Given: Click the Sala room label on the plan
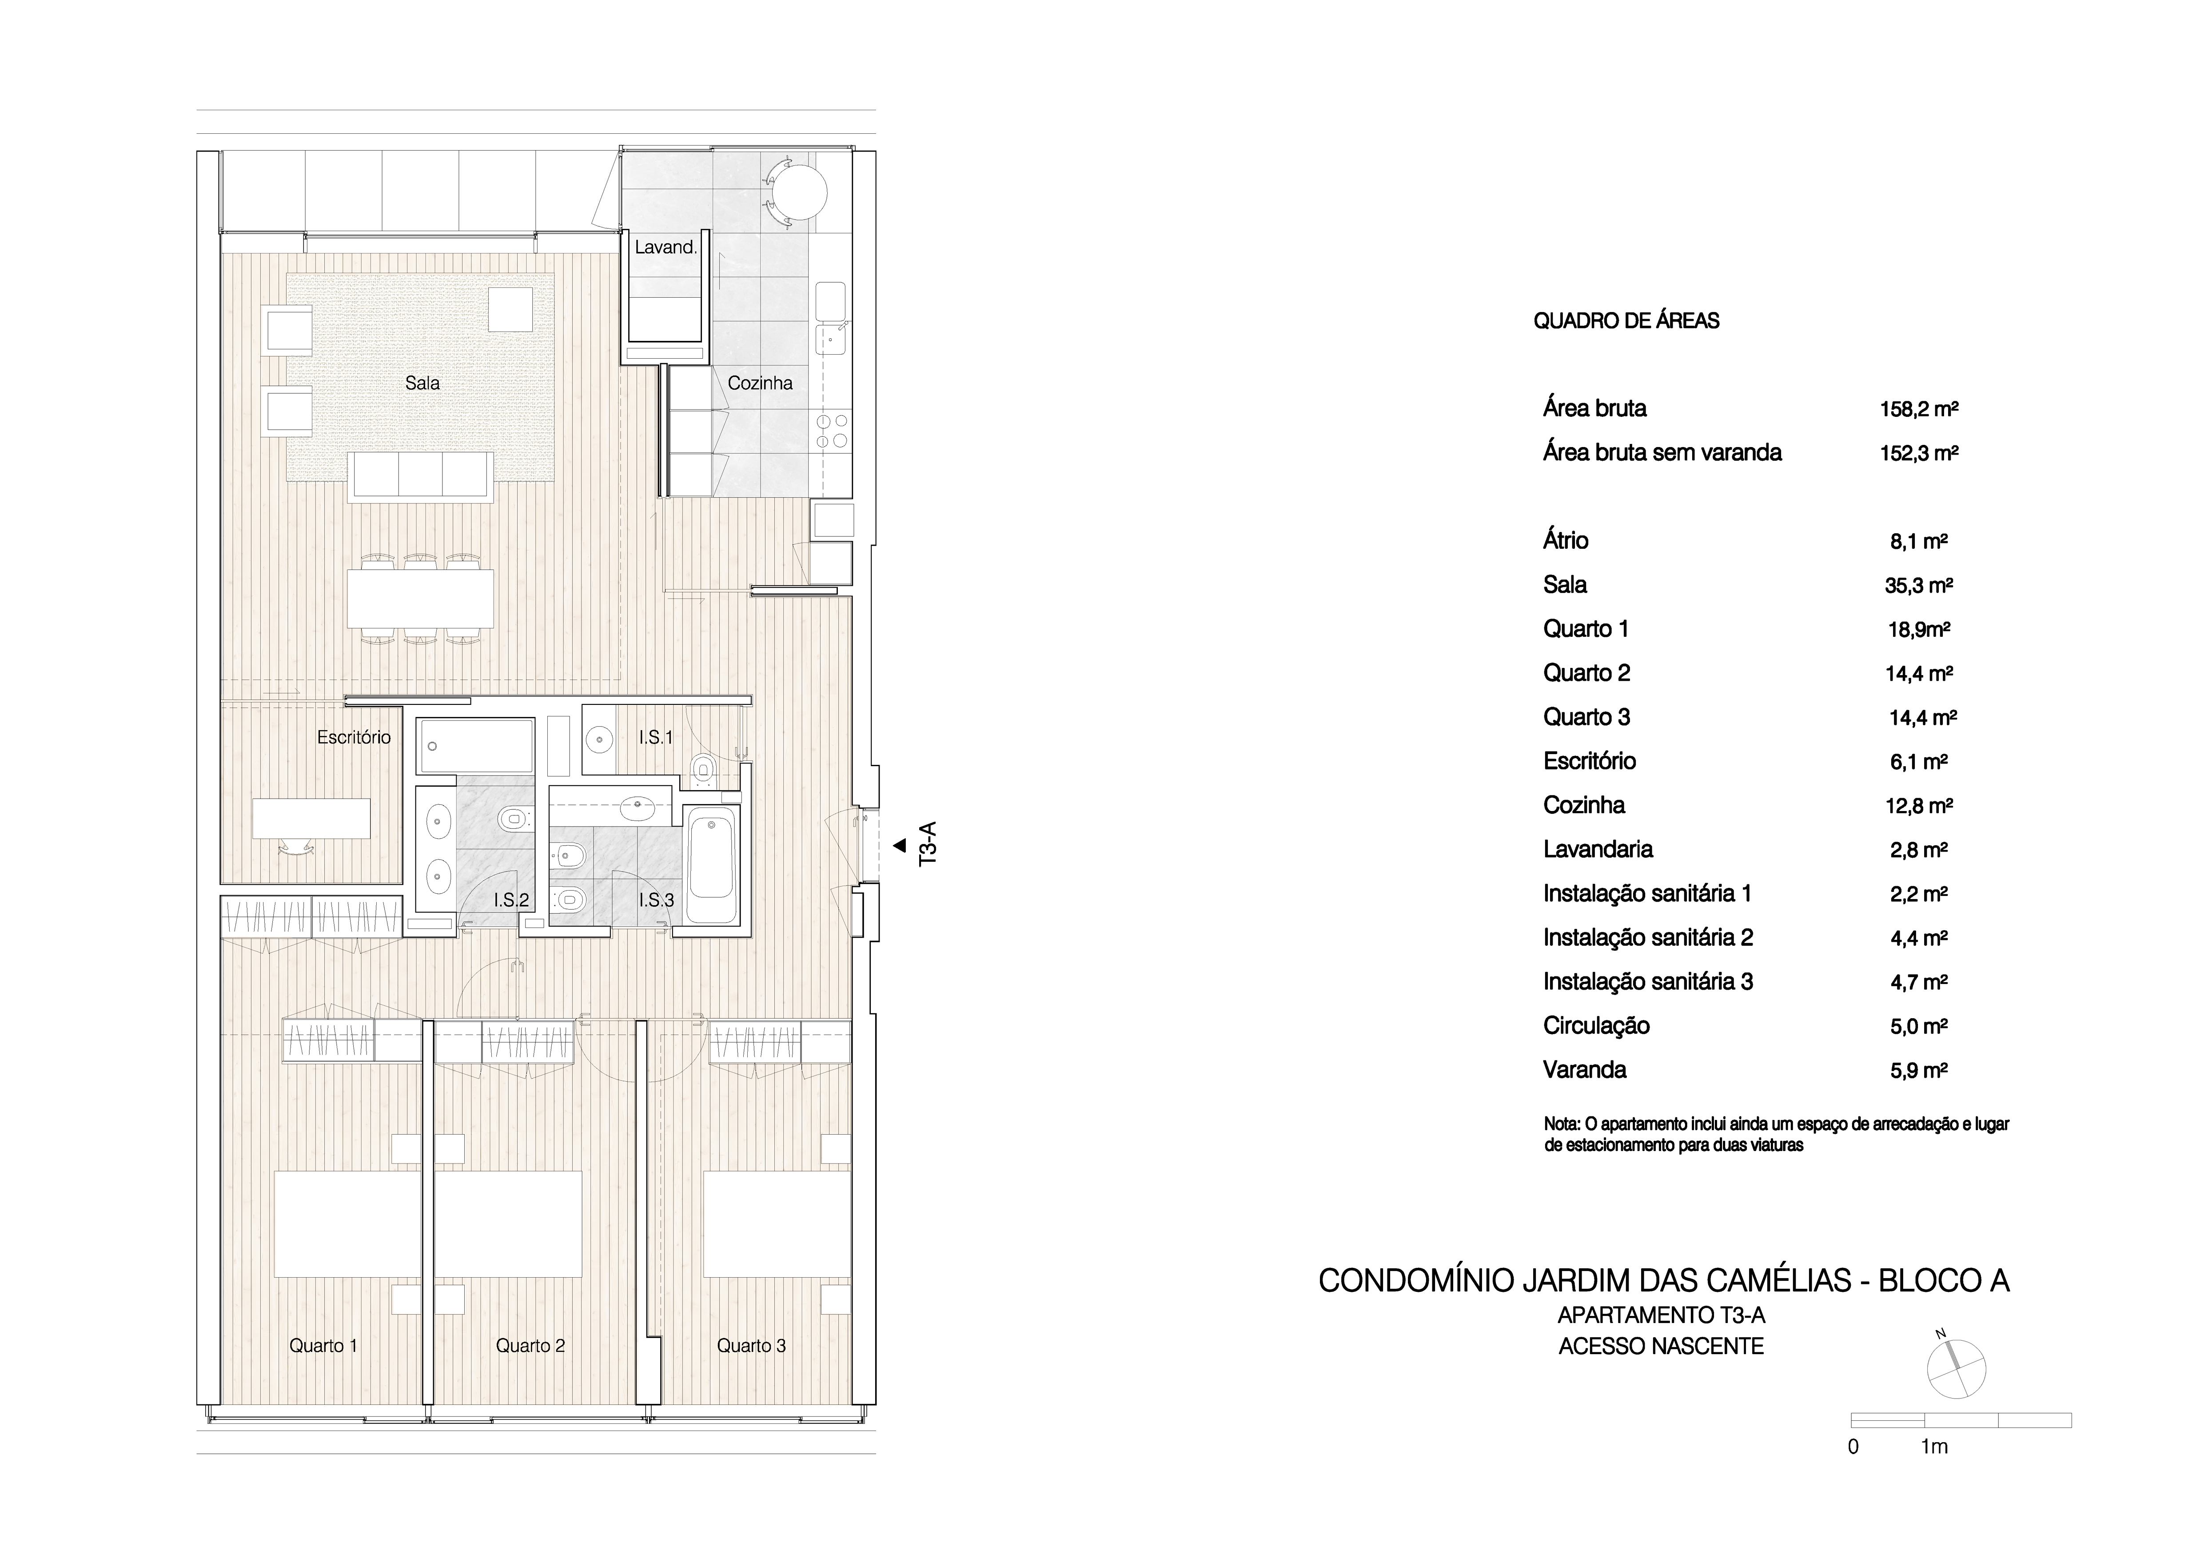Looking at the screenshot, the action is [422, 383].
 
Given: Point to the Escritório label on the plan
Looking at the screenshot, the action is [354, 737].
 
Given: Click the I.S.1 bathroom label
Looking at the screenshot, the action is [656, 737].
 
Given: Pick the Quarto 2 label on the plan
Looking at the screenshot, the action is [530, 1346].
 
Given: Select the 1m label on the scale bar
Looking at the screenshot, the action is [1934, 1447].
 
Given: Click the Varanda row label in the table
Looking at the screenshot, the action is [1585, 1069].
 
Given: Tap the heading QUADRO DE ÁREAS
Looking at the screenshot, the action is [1626, 320].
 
